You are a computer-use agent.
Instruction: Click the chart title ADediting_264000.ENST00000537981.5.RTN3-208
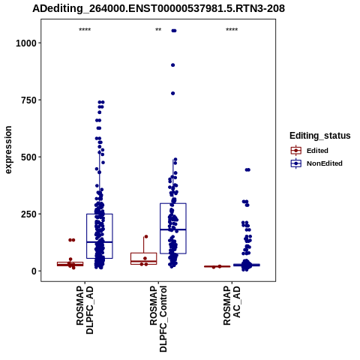click(x=158, y=8)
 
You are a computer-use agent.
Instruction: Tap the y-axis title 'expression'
click(x=8, y=150)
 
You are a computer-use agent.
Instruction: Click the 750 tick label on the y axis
click(x=28, y=100)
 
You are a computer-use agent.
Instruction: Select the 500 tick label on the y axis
click(x=28, y=157)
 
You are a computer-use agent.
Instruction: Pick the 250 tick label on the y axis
click(x=28, y=214)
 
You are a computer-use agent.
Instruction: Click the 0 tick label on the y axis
click(x=34, y=271)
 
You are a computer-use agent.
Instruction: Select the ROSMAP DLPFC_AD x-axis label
click(x=85, y=310)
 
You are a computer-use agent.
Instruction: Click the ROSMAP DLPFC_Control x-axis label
click(x=158, y=319)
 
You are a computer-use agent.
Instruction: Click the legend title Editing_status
click(x=320, y=136)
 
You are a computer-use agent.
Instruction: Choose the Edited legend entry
click(x=310, y=151)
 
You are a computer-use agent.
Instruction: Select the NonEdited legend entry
click(x=316, y=163)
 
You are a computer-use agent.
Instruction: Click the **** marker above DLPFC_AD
click(x=85, y=30)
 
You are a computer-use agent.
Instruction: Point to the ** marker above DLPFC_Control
click(x=158, y=30)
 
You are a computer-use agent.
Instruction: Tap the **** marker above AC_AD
click(x=232, y=30)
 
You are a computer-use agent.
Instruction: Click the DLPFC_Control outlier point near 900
click(x=172, y=65)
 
